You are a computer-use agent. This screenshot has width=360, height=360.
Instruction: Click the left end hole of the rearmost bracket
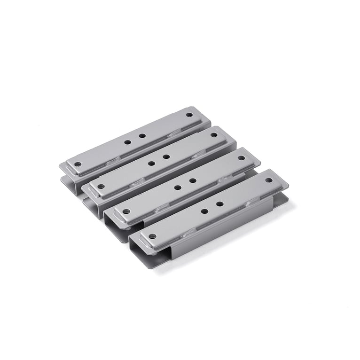(78, 164)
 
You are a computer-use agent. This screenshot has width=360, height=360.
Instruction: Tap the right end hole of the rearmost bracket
(189, 115)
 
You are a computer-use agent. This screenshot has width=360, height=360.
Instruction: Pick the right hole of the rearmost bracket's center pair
(142, 135)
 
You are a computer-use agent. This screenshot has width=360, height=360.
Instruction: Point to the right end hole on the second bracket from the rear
(214, 135)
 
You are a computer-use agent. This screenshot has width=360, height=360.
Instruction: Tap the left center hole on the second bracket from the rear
(151, 163)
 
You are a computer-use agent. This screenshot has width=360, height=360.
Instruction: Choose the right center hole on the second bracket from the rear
(166, 157)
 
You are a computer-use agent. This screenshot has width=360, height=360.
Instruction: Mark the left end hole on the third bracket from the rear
(125, 211)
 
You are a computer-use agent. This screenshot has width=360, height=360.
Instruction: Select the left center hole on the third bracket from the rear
(177, 187)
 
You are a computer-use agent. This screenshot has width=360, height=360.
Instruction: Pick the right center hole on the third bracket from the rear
(192, 180)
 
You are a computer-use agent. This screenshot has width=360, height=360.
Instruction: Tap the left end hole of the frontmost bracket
(152, 236)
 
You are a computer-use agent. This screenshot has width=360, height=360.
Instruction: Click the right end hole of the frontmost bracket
(268, 180)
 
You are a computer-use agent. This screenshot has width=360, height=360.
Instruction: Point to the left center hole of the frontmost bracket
(204, 211)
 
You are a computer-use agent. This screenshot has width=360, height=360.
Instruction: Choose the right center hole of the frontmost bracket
(219, 204)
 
